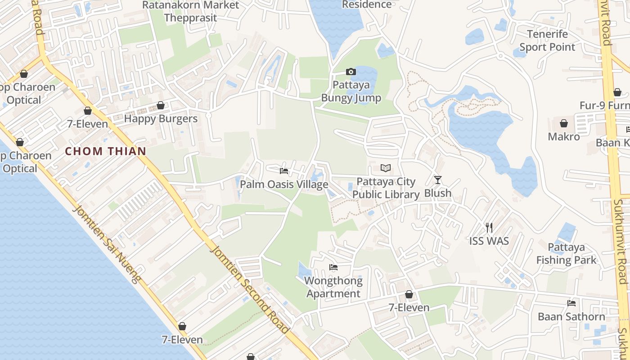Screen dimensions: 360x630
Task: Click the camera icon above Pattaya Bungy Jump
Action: (351, 72)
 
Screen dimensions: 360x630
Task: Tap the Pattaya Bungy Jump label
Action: (351, 91)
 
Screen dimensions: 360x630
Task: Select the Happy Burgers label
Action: (161, 119)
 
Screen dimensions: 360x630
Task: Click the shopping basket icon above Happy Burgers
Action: (161, 106)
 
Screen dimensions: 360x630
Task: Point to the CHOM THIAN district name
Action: (106, 151)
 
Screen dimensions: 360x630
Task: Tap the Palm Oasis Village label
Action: (284, 184)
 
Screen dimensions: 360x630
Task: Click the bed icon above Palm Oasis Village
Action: (284, 171)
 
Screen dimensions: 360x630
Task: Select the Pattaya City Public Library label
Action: (386, 188)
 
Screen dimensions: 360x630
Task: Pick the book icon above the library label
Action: (386, 168)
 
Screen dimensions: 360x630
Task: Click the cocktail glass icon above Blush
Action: (438, 180)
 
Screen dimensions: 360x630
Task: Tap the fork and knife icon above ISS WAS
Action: (489, 228)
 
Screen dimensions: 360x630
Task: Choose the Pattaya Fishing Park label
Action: (566, 254)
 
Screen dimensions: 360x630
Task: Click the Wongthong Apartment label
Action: (333, 287)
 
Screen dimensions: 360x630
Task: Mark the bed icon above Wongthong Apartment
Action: (333, 267)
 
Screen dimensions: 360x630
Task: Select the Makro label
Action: (564, 136)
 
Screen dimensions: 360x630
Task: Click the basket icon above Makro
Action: (564, 123)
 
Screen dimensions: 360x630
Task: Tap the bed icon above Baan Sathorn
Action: (571, 303)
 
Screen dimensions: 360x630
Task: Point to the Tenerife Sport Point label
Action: (548, 40)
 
